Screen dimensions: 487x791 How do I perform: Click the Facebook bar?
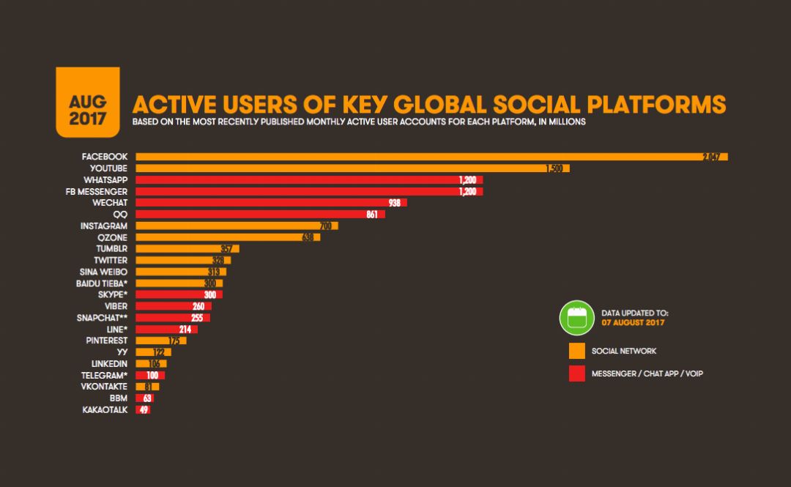[431, 157]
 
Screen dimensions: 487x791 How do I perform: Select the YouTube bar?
[352, 168]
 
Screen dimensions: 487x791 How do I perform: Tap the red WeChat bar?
[271, 203]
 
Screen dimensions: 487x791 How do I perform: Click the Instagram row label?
[104, 226]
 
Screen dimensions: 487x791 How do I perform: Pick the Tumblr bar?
[187, 249]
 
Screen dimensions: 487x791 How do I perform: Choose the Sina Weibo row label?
[103, 272]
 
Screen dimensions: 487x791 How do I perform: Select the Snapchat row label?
[102, 318]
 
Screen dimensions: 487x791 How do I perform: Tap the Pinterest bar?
[161, 341]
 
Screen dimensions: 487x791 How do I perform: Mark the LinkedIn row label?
[109, 364]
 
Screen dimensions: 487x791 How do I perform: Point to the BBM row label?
[118, 398]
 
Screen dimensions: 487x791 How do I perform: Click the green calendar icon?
[576, 318]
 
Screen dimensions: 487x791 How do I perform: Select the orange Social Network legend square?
[576, 351]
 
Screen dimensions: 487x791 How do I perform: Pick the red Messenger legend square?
[576, 374]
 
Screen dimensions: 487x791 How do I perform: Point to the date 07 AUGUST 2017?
[631, 323]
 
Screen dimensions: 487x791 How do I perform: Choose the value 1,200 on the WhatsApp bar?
[467, 180]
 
